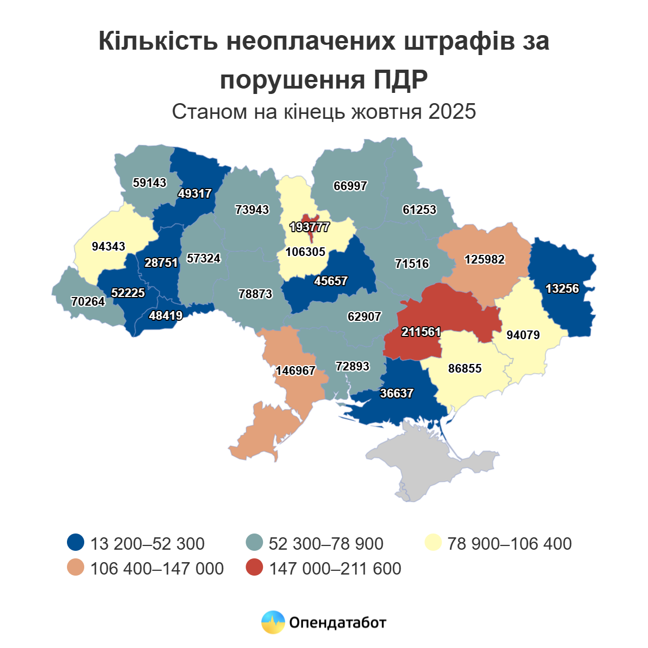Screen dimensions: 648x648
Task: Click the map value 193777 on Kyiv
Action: point(309,227)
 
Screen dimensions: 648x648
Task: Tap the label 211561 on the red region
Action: point(421,332)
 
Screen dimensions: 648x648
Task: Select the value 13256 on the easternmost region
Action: point(562,288)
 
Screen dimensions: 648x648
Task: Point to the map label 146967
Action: point(295,371)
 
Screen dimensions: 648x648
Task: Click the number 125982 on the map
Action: point(484,259)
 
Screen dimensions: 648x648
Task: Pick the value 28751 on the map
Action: point(161,262)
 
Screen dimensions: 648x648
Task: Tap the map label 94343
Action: point(109,246)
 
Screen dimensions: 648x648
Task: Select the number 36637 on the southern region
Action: point(396,393)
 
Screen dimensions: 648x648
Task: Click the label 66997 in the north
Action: point(350,186)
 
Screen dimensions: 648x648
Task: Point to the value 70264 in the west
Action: point(88,301)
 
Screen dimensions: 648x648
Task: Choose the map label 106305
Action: point(306,252)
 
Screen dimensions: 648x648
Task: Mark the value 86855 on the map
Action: point(465,368)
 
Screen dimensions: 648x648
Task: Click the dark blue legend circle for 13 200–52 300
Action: point(76,543)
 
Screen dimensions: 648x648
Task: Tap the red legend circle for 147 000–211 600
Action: point(254,568)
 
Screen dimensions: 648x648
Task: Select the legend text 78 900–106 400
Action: point(509,543)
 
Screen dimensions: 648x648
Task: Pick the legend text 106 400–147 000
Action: point(157,569)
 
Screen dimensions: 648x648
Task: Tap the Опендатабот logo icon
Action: point(273,623)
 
